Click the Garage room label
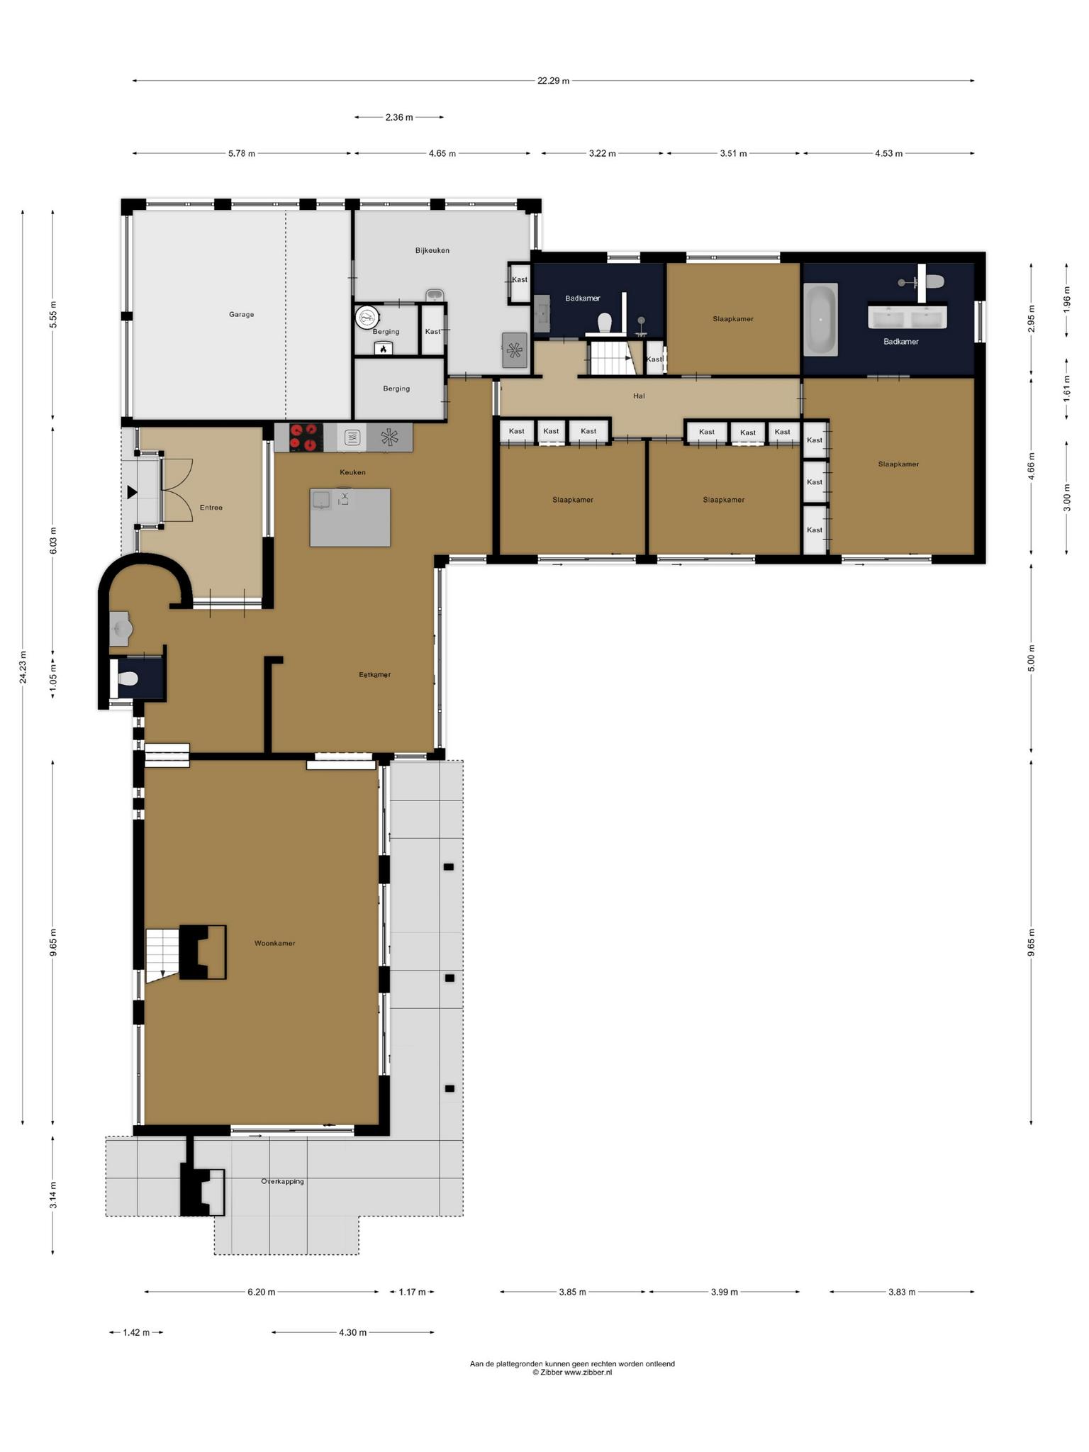241,314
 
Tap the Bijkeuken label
432,250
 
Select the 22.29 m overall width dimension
553,81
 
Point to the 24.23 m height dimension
23,666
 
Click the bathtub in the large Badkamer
820,319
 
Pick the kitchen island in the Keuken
350,517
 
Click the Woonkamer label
274,944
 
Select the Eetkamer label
374,675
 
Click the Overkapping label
282,1181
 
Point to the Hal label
639,396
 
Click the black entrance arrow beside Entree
132,492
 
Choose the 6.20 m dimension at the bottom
261,1292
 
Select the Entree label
211,508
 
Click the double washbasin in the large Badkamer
908,317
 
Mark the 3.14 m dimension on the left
54,1195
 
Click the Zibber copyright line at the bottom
572,1373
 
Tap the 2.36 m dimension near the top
399,117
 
